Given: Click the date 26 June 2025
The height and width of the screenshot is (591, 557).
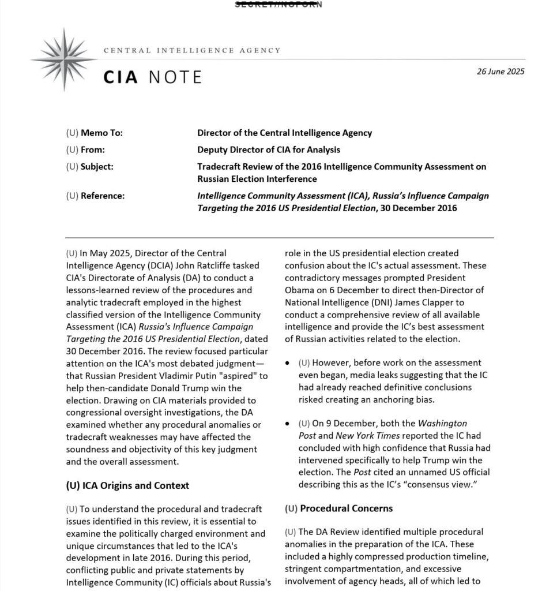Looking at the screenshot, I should tap(500, 72).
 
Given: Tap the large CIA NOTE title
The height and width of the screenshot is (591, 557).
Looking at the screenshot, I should tap(153, 77).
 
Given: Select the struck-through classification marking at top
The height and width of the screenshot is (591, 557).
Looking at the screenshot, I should tap(278, 5).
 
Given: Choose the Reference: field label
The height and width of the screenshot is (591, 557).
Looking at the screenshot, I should tap(95, 196).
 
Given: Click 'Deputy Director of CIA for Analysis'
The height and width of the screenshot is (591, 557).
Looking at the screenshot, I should tap(268, 149).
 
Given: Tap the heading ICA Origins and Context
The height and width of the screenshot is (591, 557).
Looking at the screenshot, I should tap(127, 485).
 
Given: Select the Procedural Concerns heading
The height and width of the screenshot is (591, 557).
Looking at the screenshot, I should tap(338, 508).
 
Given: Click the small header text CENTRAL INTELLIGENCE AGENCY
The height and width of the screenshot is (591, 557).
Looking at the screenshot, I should tap(192, 50).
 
